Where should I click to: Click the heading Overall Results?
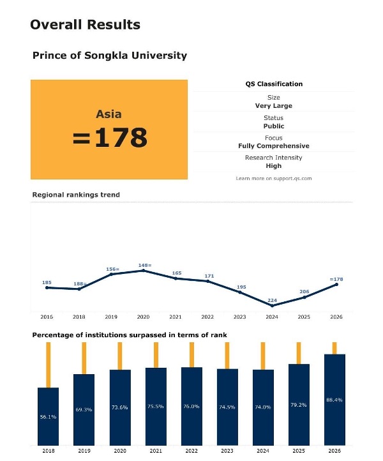(x=85, y=25)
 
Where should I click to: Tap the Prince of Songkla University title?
(x=110, y=56)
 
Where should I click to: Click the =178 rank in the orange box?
(x=110, y=138)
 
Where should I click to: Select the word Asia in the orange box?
(x=109, y=115)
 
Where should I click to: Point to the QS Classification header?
(x=274, y=84)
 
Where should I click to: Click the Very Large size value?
(x=274, y=106)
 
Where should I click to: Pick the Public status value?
(x=274, y=126)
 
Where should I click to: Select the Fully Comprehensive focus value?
(x=274, y=146)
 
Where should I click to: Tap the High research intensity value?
(x=274, y=166)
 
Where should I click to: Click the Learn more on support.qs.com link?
(x=274, y=179)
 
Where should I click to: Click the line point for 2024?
(x=273, y=306)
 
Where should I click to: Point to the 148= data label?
(x=144, y=265)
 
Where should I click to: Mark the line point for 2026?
(x=336, y=285)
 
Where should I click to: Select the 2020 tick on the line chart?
(x=143, y=317)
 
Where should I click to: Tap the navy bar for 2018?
(x=49, y=415)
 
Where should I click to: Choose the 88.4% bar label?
(x=334, y=400)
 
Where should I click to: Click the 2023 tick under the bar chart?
(x=227, y=451)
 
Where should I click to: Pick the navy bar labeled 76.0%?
(x=191, y=405)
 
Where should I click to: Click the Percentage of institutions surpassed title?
(x=130, y=335)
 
